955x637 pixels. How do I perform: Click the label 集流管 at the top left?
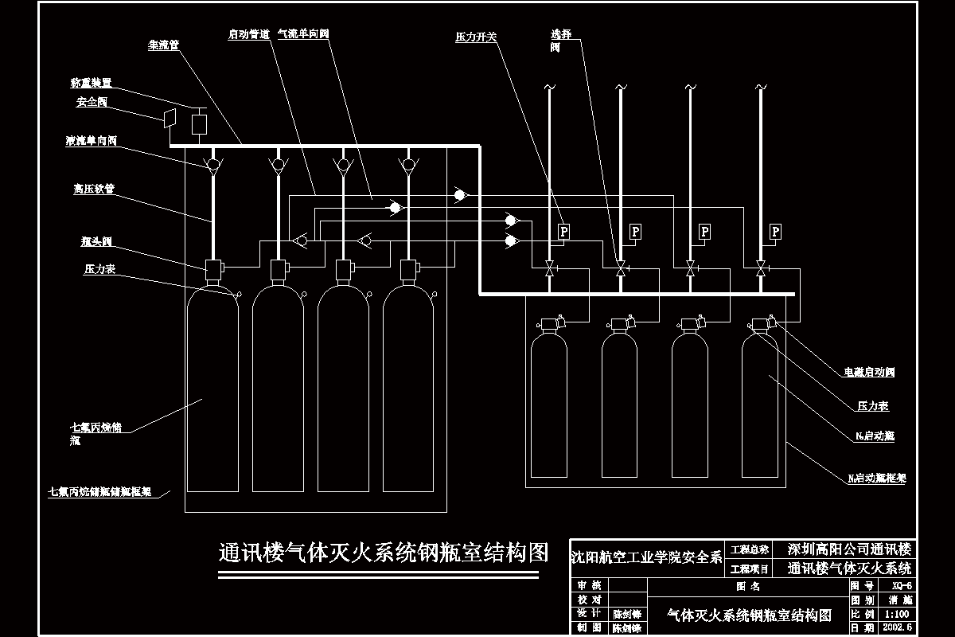(x=163, y=45)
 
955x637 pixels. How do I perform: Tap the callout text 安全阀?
(x=92, y=102)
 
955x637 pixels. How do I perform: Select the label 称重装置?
(x=90, y=82)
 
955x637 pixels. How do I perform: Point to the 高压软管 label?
(x=94, y=190)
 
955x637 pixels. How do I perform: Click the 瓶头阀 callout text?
(x=95, y=239)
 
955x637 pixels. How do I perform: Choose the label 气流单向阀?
(x=303, y=35)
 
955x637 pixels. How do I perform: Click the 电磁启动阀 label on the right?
(x=870, y=372)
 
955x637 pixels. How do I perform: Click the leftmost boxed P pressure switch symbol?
(x=563, y=232)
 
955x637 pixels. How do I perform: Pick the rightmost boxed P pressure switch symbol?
(x=776, y=232)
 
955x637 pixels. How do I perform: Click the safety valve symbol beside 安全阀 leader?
(x=168, y=118)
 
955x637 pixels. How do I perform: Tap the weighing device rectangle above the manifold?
(x=199, y=124)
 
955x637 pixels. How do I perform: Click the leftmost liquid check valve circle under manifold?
(x=212, y=165)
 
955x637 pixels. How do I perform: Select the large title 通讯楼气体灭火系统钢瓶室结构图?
(x=384, y=553)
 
